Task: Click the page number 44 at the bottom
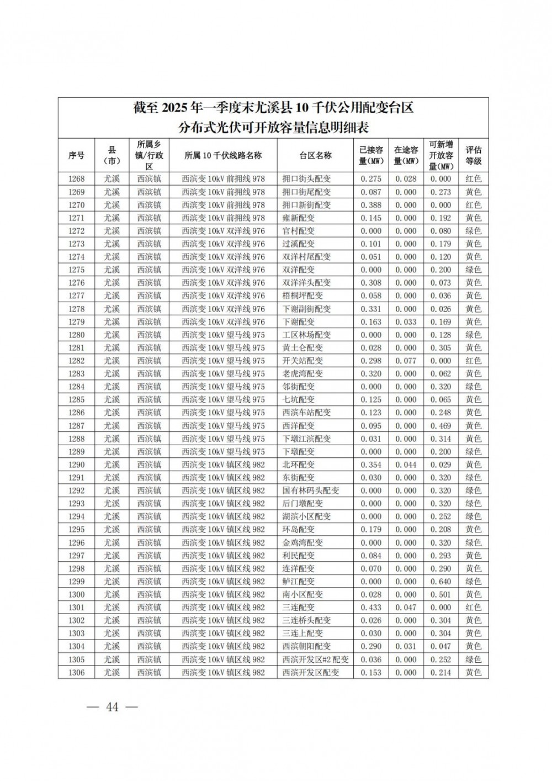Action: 113,707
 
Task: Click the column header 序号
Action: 76,155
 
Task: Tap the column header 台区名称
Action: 315,155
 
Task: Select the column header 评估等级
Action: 473,155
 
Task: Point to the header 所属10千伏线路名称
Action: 223,155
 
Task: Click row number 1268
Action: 76,179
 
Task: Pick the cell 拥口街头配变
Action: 306,179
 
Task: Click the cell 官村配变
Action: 298,231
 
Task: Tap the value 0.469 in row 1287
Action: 440,426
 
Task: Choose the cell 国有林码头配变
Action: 310,490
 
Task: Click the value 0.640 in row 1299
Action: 440,582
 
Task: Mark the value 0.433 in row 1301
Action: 371,608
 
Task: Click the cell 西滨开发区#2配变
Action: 315,659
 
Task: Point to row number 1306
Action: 76,673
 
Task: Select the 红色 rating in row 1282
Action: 473,361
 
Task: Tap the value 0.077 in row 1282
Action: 406,361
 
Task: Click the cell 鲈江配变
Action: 298,582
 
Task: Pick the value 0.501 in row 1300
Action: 440,594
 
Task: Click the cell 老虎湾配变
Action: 302,374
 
